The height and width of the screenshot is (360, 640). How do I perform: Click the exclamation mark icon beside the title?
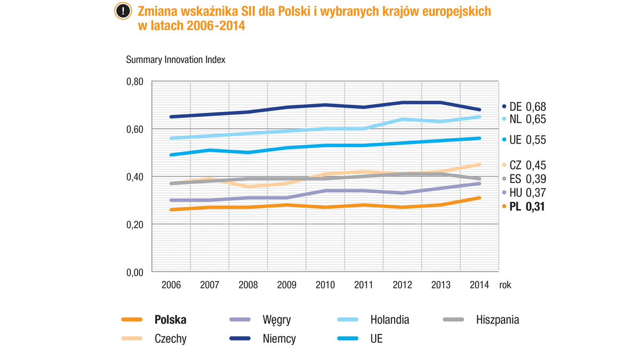point(123,11)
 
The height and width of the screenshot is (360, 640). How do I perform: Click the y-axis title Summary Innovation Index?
point(175,59)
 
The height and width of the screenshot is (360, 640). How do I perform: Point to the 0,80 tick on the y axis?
point(135,82)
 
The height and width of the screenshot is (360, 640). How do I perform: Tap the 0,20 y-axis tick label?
point(135,225)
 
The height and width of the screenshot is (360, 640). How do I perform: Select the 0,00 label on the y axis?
point(135,272)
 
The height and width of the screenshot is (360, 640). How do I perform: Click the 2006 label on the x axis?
point(171,285)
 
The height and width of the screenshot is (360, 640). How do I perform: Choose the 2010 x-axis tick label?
point(325,285)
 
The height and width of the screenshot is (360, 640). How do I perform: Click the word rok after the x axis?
point(505,285)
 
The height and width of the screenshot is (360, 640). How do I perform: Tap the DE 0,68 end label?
point(524,107)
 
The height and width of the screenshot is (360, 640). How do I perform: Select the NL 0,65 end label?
point(524,118)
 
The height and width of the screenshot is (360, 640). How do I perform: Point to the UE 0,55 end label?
point(524,140)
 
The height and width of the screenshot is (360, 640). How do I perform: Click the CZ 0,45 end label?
point(524,165)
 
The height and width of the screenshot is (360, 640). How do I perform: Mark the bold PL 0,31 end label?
point(524,206)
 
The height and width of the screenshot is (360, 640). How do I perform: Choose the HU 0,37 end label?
point(524,192)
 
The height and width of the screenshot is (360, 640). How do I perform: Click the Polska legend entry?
point(170,320)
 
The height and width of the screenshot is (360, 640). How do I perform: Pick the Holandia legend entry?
point(390,320)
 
